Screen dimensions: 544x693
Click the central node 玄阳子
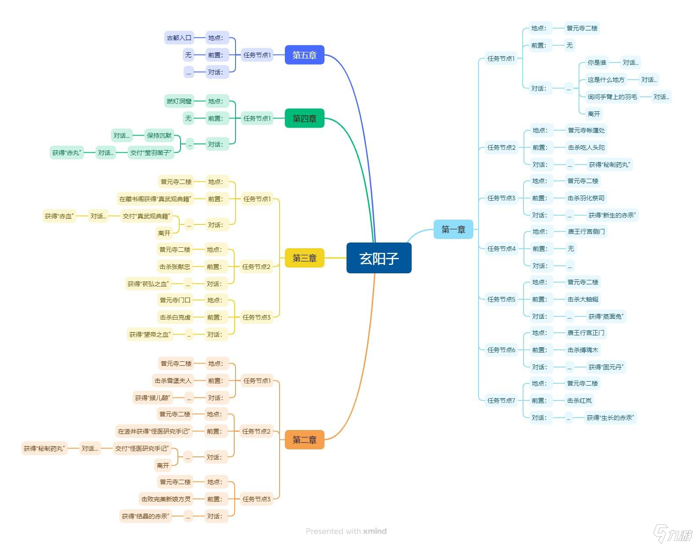click(379, 258)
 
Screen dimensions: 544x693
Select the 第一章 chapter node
click(453, 229)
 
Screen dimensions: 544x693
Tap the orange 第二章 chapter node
click(304, 440)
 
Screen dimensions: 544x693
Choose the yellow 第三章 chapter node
click(304, 258)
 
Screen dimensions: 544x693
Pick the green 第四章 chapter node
click(304, 118)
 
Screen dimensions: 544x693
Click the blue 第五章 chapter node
click(304, 55)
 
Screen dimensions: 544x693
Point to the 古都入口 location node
click(179, 38)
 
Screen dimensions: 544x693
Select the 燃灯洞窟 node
click(179, 101)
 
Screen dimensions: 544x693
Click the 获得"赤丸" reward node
click(66, 153)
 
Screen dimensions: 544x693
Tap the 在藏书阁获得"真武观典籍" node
click(155, 199)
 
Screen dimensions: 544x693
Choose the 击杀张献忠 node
click(175, 267)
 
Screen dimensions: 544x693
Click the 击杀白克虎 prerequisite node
click(175, 317)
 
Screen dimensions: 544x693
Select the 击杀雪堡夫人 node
click(173, 381)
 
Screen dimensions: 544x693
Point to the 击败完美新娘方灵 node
click(166, 499)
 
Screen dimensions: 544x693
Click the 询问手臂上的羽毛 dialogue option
click(612, 97)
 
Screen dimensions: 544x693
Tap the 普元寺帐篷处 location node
click(586, 130)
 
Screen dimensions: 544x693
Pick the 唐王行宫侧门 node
click(586, 232)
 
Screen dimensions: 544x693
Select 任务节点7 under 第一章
click(501, 401)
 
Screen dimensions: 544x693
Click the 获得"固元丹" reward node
click(606, 367)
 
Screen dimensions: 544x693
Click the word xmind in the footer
click(375, 531)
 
